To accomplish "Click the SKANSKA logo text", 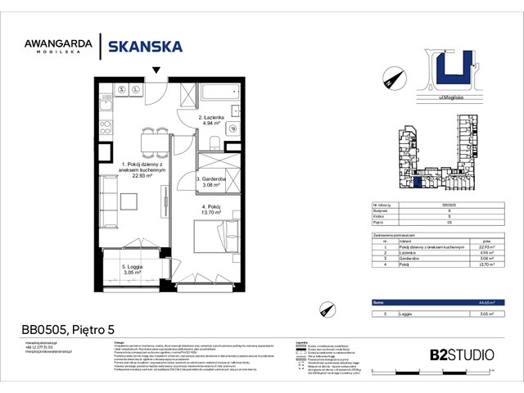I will (x=146, y=47).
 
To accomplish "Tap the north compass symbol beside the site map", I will (x=393, y=78).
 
